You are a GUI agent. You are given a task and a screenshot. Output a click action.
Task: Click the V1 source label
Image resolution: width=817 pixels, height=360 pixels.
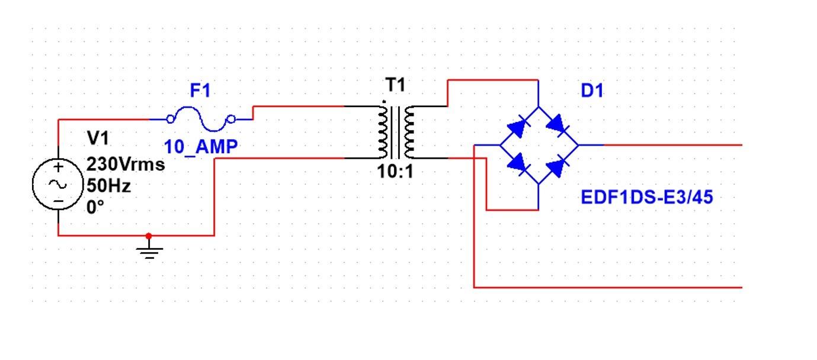coord(98,139)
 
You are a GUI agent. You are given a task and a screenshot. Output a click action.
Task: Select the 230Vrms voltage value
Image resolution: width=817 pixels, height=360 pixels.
coord(126,164)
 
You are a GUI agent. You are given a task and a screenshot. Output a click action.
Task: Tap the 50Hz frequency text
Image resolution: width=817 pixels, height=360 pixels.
coord(108,185)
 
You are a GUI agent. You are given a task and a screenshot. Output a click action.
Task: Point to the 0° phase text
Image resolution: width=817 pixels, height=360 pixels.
coord(95,207)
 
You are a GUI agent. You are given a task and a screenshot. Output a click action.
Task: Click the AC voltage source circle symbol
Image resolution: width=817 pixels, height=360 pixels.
coord(58,185)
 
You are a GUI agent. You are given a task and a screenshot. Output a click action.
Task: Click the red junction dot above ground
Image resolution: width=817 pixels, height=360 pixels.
coord(149,235)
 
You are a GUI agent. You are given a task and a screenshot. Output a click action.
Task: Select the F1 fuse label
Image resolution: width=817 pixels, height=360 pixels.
coord(200,91)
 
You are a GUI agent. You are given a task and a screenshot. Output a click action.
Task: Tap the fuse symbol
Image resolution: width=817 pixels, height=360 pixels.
coord(201,119)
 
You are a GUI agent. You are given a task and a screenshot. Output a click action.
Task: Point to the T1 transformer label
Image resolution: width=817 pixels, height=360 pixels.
coord(396,85)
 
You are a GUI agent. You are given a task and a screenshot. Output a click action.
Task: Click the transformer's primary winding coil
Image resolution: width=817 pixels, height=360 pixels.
coord(382,133)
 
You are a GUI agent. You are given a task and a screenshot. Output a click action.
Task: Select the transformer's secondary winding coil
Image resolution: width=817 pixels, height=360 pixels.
coord(409,133)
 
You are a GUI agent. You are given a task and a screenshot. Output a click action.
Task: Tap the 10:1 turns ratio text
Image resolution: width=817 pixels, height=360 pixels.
coord(395,173)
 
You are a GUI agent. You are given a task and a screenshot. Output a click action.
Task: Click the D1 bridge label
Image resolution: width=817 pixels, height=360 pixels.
coord(593,91)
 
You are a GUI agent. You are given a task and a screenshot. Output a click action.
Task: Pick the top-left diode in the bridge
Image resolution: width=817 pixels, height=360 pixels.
coord(518,126)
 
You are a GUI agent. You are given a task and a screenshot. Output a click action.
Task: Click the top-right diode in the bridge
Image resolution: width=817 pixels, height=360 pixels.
coord(558,126)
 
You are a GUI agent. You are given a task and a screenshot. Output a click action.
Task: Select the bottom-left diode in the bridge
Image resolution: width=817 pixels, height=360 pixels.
coord(518,163)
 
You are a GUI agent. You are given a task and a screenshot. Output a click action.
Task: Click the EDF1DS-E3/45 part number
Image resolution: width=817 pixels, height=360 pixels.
coord(647,197)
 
